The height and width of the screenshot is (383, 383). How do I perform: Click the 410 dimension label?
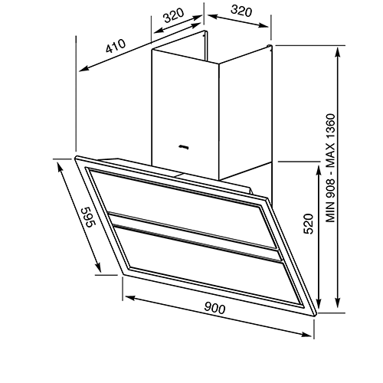(x=116, y=46)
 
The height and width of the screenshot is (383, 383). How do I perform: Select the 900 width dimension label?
(x=214, y=308)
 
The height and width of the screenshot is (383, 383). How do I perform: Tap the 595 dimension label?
(x=88, y=217)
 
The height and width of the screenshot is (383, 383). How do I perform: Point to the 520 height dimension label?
(x=308, y=224)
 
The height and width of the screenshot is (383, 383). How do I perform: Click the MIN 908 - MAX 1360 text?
(x=330, y=168)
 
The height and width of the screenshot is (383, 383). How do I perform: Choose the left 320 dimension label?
(x=174, y=15)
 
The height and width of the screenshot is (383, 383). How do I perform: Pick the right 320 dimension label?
(x=241, y=11)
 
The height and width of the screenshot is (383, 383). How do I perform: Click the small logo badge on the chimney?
(x=184, y=147)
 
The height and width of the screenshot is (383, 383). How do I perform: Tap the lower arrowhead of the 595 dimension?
(x=98, y=268)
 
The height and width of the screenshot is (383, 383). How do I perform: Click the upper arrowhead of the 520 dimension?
(x=319, y=170)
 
